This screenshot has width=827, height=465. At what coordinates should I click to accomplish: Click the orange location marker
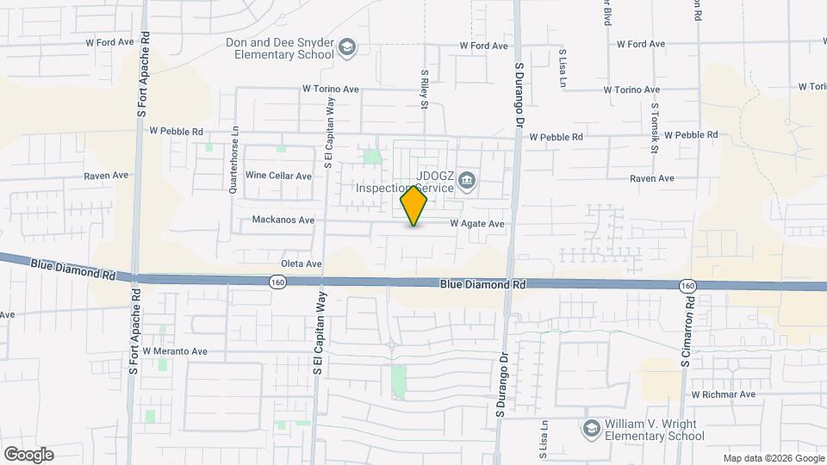click(x=414, y=206)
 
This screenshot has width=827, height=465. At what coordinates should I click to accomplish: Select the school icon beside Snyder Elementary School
click(x=346, y=46)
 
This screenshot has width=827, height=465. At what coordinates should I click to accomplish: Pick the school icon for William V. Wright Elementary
click(x=591, y=428)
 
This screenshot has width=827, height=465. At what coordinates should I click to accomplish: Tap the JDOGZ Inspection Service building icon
click(x=467, y=179)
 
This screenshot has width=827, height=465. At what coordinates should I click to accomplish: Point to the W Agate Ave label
click(x=477, y=224)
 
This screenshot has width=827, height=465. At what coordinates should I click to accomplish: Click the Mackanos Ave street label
click(x=283, y=220)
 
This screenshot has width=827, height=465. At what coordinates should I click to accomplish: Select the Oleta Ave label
click(x=301, y=263)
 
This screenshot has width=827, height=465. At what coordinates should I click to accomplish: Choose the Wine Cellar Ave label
click(x=278, y=176)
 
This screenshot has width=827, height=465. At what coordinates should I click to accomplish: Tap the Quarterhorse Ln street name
click(x=233, y=161)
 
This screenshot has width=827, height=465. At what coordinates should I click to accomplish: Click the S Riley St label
click(x=425, y=90)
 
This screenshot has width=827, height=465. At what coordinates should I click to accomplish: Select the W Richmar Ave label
click(x=723, y=394)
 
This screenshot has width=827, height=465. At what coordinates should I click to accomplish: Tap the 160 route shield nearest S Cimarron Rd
click(x=687, y=285)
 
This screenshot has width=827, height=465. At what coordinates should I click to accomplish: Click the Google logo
click(x=28, y=454)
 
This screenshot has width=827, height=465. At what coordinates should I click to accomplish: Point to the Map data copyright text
click(x=774, y=458)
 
